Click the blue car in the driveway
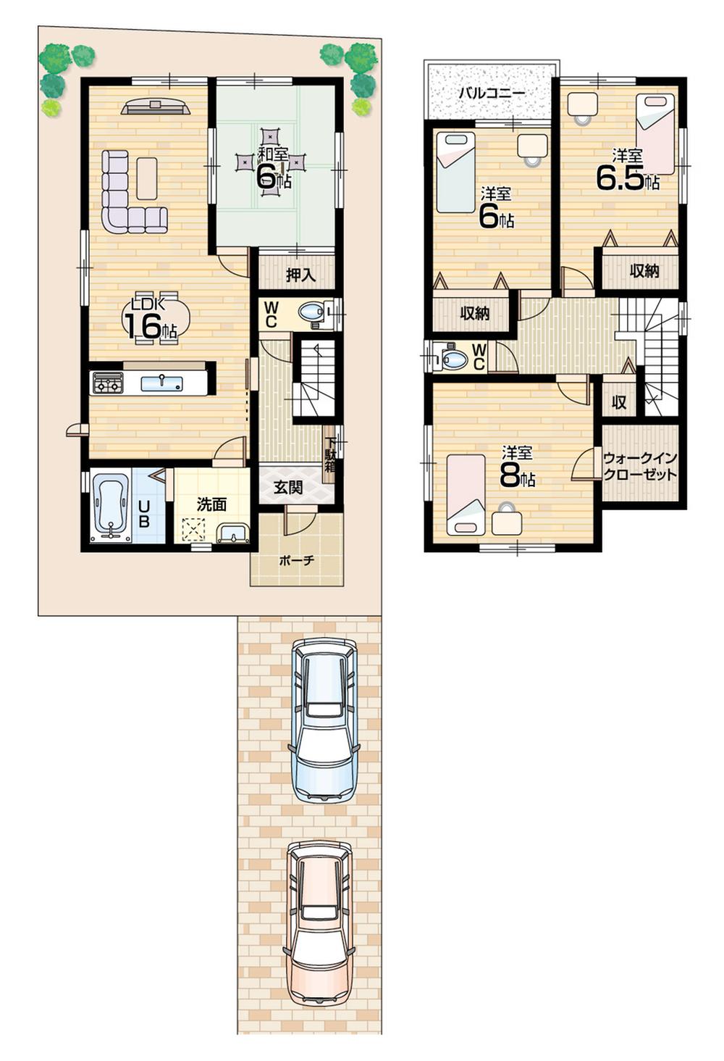coord(324,719)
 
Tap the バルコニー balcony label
coord(492,93)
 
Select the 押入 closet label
coord(300,275)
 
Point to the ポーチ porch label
coord(297,560)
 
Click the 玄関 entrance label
coord(288,488)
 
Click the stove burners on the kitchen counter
coord(107,383)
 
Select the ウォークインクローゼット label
coord(640,466)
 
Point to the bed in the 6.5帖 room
coord(655,134)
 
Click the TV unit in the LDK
coord(156,107)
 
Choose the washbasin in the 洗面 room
coord(234,534)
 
